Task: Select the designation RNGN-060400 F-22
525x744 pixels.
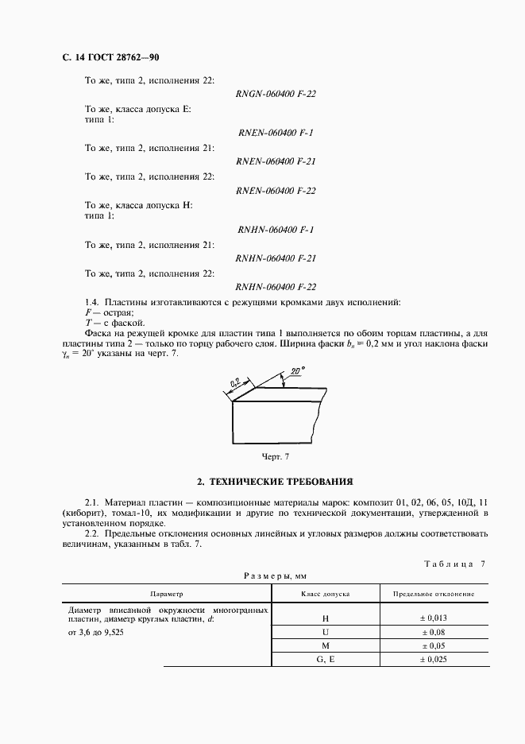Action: pos(276,94)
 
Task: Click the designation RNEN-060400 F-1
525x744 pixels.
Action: pos(276,133)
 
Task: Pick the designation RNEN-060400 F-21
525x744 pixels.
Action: pos(276,161)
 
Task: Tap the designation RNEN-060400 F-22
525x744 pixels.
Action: pos(276,191)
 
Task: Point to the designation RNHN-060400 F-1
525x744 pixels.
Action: pos(276,230)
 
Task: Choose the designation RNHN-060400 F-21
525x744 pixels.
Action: pos(276,258)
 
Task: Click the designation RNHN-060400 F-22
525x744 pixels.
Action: pos(276,287)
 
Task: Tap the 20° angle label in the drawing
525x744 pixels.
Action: pos(297,372)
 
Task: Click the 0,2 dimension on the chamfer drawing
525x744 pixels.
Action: pos(236,384)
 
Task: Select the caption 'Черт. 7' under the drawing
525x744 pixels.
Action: pos(276,456)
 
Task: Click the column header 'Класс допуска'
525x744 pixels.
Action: pos(325,594)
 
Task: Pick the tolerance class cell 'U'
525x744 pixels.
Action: pos(325,632)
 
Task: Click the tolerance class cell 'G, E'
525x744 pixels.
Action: pos(325,660)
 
